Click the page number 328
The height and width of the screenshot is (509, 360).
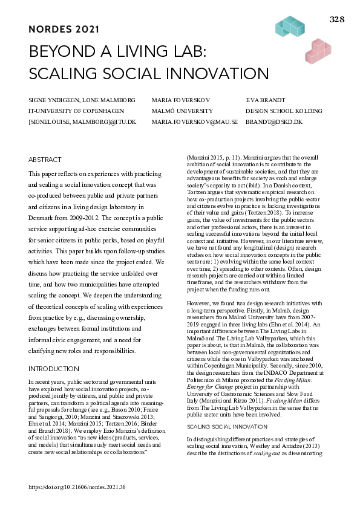337,19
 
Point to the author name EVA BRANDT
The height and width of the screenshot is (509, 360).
264,100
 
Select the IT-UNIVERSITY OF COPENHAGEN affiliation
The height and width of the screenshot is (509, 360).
76,111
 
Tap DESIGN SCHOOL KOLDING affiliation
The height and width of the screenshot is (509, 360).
284,111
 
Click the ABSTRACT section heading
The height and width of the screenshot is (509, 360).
45,160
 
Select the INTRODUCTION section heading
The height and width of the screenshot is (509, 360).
54,369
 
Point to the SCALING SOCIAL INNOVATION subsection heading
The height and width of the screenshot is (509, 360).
218,427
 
